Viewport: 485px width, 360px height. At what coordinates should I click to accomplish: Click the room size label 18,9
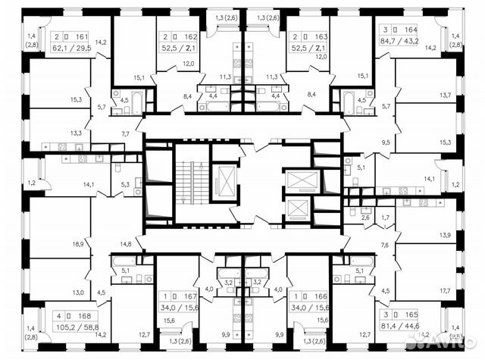pyautogui.click(x=77, y=244)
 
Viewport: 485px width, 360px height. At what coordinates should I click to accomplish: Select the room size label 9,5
pyautogui.click(x=386, y=142)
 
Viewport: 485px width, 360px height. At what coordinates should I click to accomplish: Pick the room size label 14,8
pyautogui.click(x=126, y=243)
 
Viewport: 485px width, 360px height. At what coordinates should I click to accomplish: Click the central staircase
pyautogui.click(x=186, y=182)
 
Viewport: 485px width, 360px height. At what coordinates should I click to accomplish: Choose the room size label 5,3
pyautogui.click(x=126, y=183)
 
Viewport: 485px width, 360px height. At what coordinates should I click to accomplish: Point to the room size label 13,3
pyautogui.click(x=77, y=132)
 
